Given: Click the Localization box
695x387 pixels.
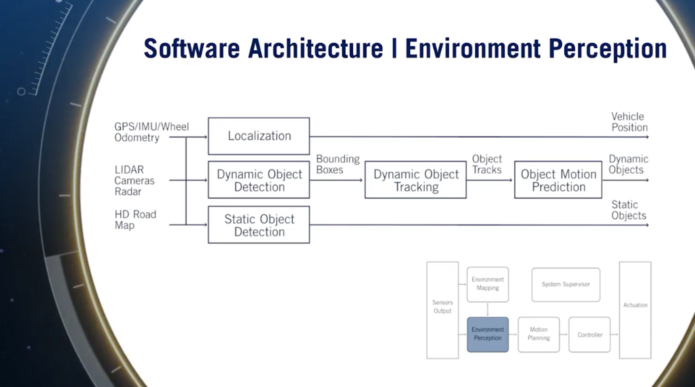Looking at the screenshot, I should (259, 136).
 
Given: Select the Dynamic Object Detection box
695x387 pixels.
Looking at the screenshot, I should (259, 180).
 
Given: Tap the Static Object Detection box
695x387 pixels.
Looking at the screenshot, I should (259, 225).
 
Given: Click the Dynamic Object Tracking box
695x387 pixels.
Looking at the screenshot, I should (416, 180).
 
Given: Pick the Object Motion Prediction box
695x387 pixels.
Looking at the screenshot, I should (558, 180).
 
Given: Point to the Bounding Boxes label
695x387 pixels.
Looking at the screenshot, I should (337, 164).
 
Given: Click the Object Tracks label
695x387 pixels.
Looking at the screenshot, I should (487, 164).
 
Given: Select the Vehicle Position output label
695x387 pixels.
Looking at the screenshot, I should (629, 122).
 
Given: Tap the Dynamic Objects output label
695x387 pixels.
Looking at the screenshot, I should (628, 164).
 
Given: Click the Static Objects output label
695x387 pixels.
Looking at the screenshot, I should (628, 210).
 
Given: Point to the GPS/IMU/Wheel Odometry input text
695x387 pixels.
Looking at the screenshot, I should (151, 132).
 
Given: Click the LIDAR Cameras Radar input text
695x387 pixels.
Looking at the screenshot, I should (134, 180).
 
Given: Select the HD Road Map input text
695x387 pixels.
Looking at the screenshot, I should (135, 220).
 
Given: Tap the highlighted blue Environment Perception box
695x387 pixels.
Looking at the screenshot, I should (488, 334).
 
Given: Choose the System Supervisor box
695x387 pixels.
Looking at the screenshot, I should (566, 284).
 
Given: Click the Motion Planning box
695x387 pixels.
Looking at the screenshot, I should (539, 334).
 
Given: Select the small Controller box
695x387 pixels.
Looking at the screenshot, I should (589, 334).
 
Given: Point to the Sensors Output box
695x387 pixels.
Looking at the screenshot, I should (442, 310).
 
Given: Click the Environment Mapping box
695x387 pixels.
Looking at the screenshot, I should (488, 284).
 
